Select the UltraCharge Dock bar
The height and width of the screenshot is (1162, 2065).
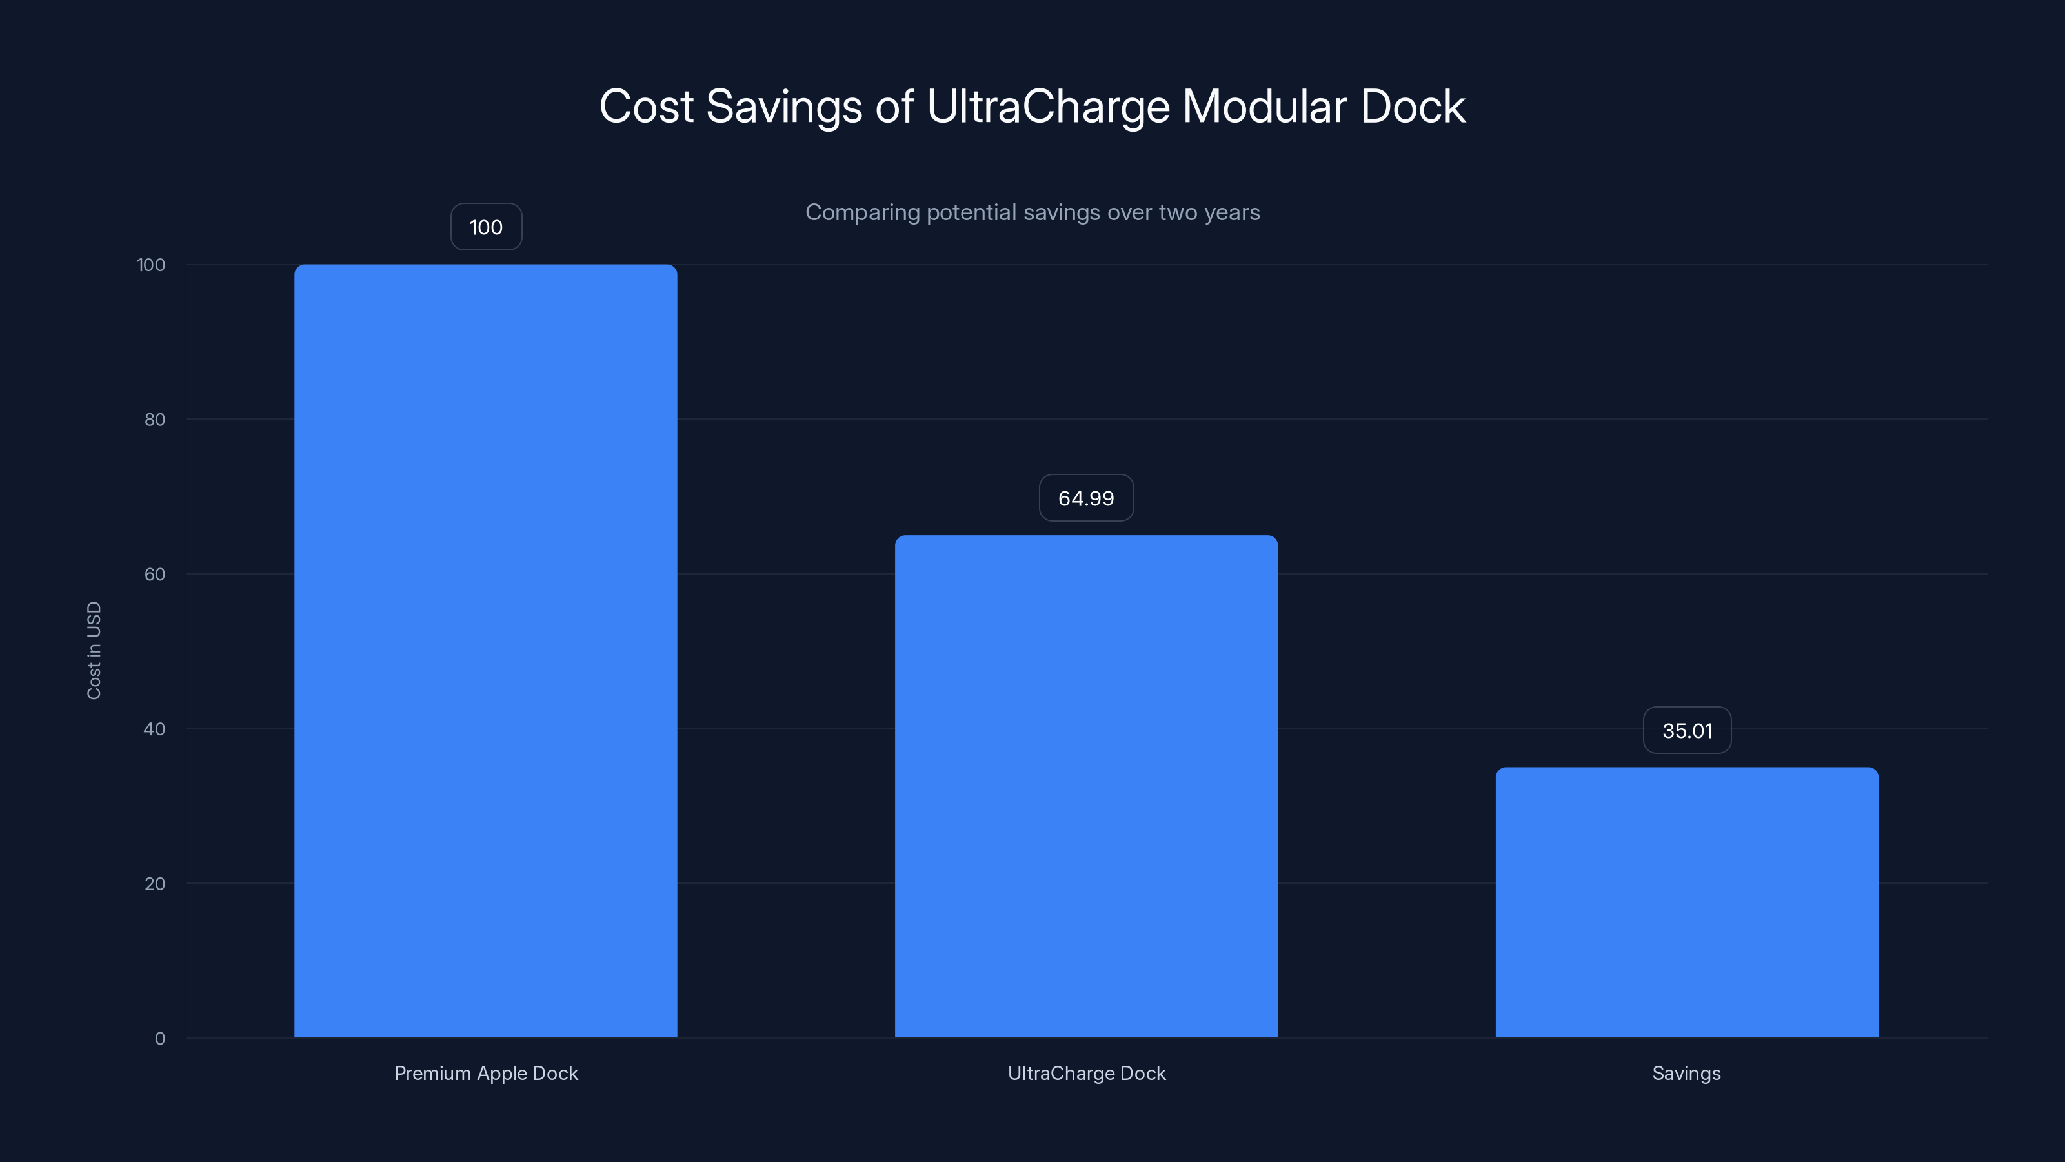[1086, 786]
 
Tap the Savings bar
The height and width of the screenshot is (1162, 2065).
[1687, 902]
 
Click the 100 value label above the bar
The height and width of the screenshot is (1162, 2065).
[486, 227]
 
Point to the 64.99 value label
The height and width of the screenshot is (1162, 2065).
[1086, 498]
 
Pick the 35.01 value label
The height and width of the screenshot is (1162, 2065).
[1687, 731]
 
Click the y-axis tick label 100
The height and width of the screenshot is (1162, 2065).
[151, 265]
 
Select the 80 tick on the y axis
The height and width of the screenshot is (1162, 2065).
[155, 420]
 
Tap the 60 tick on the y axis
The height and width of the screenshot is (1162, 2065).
[155, 574]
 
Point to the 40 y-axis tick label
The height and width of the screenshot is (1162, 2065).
[155, 729]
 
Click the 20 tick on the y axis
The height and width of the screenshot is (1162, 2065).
[155, 884]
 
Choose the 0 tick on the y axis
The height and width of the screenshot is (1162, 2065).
[160, 1039]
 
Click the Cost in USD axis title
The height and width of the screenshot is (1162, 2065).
[94, 650]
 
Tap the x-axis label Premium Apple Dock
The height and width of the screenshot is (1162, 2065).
[486, 1073]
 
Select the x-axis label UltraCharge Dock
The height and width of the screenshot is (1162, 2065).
[1086, 1073]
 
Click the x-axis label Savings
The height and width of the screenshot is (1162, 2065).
[1687, 1073]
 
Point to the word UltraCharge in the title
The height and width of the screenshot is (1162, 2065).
[1048, 106]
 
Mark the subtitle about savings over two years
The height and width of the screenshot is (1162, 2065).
[1032, 212]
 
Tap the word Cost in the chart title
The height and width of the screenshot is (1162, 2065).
[645, 106]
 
